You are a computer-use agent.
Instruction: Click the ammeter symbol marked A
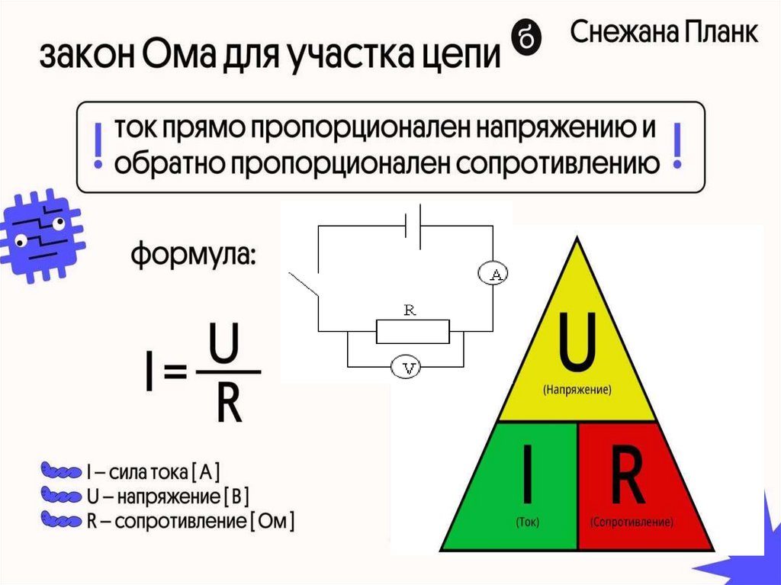(x=493, y=273)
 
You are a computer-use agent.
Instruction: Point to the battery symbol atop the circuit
(x=412, y=226)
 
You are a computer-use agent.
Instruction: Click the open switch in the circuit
(x=304, y=286)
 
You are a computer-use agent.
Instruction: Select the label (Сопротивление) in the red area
(x=632, y=523)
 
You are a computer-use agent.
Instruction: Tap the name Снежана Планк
(x=664, y=33)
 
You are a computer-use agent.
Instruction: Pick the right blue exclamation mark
(x=675, y=147)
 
